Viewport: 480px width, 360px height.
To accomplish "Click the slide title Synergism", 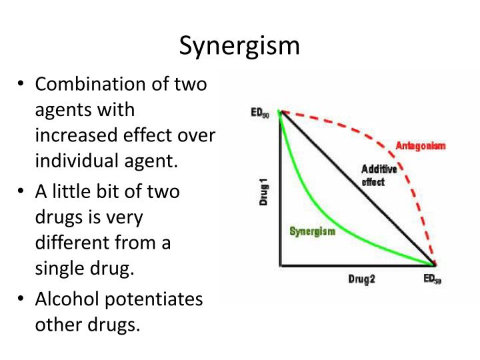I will pos(240,46).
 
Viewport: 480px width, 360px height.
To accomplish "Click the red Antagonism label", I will pos(421,145).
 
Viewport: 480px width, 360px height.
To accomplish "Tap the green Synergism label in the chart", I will pos(312,231).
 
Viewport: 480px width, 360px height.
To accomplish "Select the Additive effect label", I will pos(379,175).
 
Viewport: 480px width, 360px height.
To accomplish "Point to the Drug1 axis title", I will pos(264,190).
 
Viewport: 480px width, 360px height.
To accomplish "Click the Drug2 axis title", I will pos(361,279).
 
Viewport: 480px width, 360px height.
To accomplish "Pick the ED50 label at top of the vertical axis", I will pos(260,113).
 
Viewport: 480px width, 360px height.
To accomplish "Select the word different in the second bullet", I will pos(70,243).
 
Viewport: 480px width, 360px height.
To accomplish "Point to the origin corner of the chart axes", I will pos(280,265).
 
